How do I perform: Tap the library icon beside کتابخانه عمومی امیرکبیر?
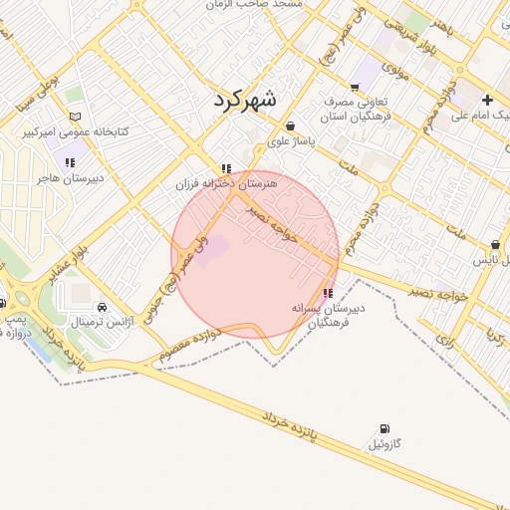click(75, 117)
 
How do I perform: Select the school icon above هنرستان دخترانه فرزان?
click(227, 169)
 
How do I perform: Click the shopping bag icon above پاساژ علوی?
click(290, 127)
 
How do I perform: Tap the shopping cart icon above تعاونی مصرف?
click(356, 88)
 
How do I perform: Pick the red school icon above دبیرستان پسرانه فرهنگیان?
click(328, 293)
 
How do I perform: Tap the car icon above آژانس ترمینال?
click(104, 307)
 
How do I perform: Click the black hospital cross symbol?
click(487, 100)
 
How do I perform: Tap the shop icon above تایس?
click(495, 245)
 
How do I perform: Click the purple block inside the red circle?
click(213, 249)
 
